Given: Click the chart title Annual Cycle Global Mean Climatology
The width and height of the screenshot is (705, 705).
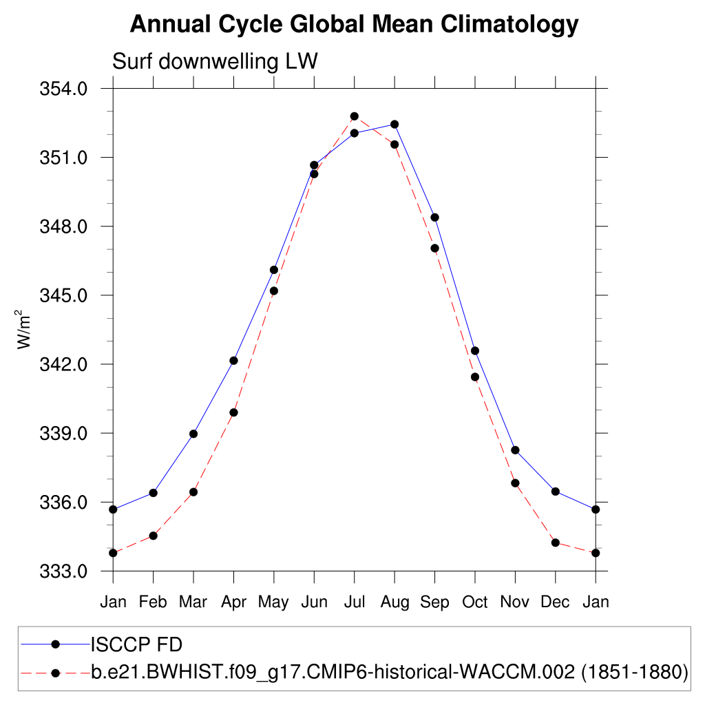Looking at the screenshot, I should (x=354, y=25).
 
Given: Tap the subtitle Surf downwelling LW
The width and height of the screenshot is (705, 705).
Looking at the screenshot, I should (x=214, y=62).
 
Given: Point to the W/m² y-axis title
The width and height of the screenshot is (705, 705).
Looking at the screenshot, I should (x=25, y=329).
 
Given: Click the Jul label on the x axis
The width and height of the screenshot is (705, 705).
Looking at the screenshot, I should (x=355, y=602).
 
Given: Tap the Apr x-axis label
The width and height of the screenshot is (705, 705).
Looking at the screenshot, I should (x=234, y=602).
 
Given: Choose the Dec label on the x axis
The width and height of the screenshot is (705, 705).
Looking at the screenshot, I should (x=555, y=602).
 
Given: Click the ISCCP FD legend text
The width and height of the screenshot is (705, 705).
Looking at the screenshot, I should (x=136, y=645).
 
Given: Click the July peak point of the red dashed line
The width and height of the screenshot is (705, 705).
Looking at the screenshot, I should (x=355, y=116).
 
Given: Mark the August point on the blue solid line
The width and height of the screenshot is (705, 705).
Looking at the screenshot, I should (x=394, y=124).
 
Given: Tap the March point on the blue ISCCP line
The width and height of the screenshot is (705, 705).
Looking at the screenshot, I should (x=193, y=434).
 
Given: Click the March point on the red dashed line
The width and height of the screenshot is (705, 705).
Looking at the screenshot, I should (x=193, y=492).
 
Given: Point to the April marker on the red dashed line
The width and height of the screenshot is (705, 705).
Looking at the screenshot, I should (x=234, y=412).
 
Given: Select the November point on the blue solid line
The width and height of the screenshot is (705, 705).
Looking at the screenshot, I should (x=515, y=450).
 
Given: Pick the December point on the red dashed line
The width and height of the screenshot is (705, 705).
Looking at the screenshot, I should (x=555, y=543).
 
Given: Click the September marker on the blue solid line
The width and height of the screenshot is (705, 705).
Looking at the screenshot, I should (x=434, y=218).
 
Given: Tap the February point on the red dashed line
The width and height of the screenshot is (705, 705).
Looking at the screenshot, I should (x=154, y=536).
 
